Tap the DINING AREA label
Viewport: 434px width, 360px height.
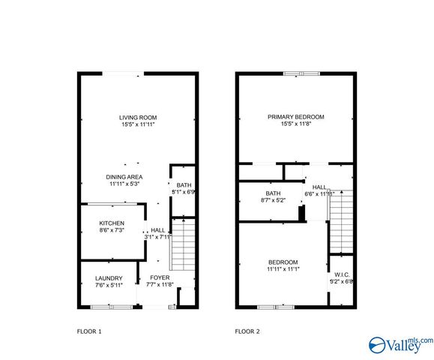point(124,176)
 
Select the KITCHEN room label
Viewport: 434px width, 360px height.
point(112,223)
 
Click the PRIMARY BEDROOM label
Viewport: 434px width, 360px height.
point(296,117)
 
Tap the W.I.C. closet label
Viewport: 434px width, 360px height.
point(341,274)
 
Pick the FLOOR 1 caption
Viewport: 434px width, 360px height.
point(89,331)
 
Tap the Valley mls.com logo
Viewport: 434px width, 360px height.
point(399,344)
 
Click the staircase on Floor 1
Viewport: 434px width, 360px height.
point(183,244)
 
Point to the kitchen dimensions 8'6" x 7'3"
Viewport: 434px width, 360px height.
point(112,230)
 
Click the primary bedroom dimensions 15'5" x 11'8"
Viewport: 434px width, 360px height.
point(296,124)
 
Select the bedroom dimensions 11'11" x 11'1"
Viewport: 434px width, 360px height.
point(283,269)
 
